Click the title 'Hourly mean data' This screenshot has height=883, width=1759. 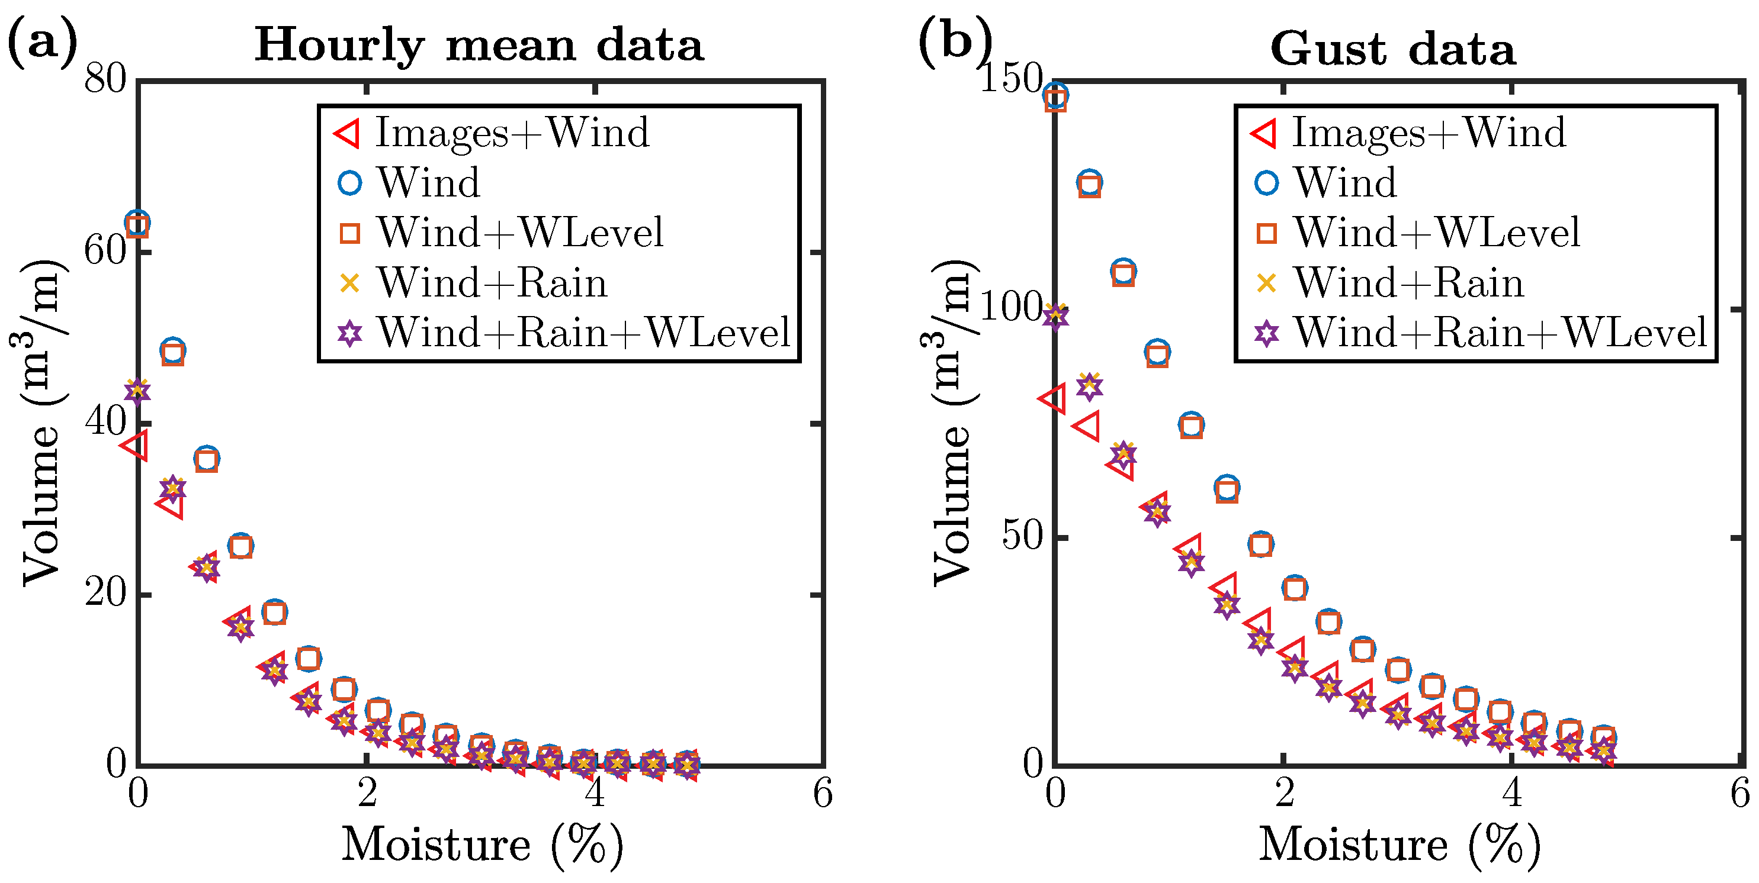pos(479,45)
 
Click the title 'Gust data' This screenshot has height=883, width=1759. pos(1393,49)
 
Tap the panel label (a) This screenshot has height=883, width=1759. pos(42,42)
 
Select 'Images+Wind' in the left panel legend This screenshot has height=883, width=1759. pos(512,133)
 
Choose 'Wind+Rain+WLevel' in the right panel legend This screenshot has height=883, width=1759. pos(1500,333)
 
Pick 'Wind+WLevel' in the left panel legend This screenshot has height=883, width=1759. pos(521,233)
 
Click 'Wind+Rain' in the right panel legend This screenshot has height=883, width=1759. pos(1409,282)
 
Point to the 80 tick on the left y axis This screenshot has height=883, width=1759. pos(106,79)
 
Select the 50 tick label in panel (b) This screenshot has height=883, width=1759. pos(1022,537)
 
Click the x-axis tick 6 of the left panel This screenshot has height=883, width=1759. pos(823,794)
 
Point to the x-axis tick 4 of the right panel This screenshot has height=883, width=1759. pos(1513,794)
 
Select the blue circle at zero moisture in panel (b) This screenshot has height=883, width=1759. pos(1057,95)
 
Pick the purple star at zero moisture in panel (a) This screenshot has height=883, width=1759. pos(137,392)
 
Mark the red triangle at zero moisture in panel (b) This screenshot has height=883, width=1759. pos(1052,398)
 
